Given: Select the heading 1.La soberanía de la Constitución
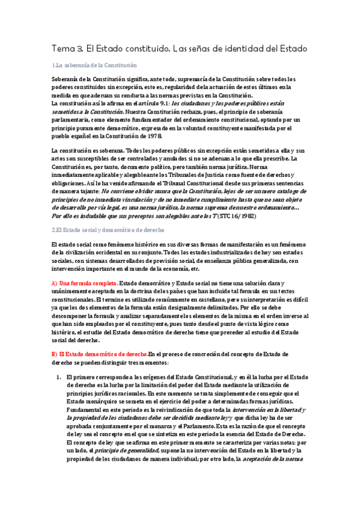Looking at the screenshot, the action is (x=94, y=65).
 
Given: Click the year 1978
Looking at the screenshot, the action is (x=154, y=137).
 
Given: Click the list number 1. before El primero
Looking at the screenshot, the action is (x=59, y=376).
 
